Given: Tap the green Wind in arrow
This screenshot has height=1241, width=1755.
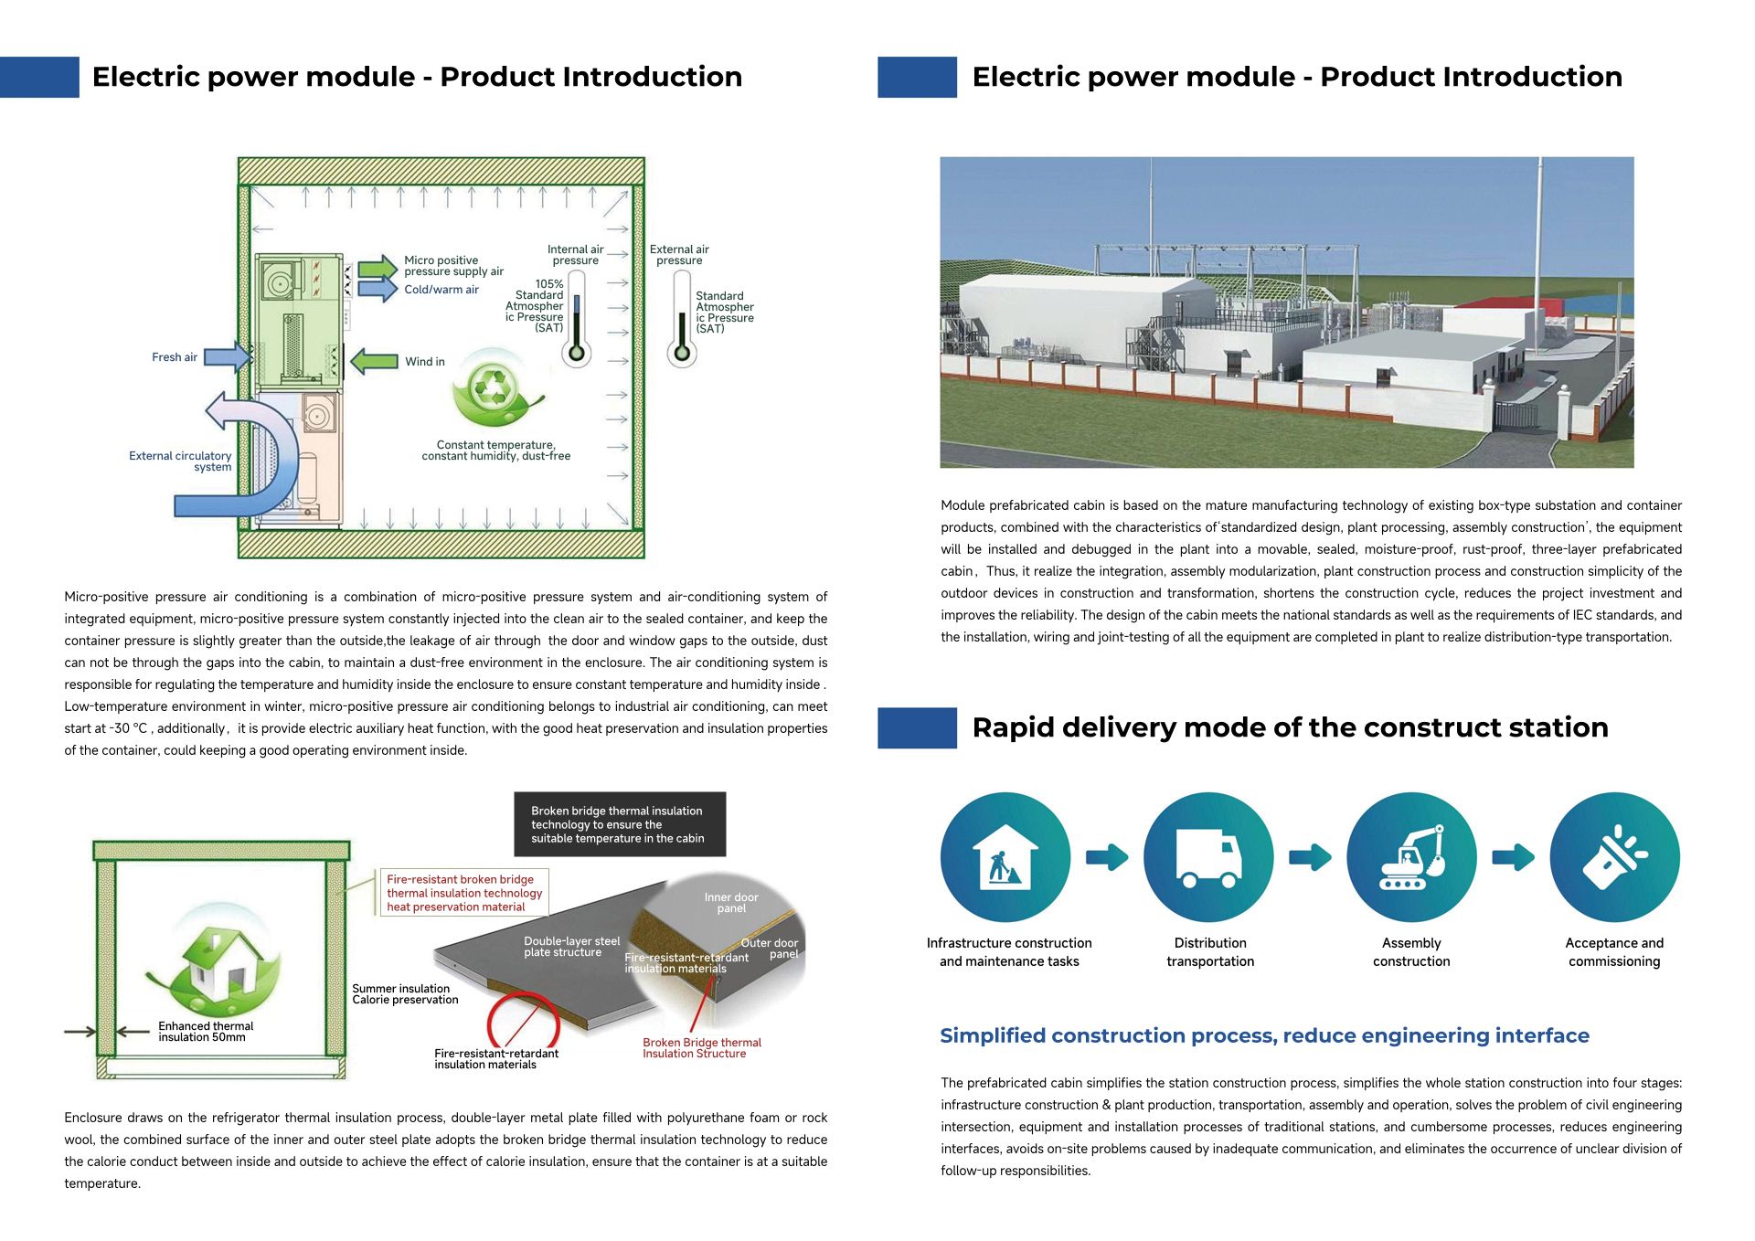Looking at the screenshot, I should tap(374, 361).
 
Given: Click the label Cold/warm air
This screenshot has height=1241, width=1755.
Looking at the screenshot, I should tap(441, 290).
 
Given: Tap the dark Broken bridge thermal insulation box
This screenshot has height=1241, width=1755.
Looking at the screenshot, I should tap(619, 824).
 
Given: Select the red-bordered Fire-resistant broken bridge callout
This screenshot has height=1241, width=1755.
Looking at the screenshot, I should tap(464, 893).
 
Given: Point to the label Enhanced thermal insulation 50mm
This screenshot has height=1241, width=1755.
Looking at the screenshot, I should tap(205, 1032).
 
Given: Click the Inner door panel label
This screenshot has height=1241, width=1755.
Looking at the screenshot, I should tap(731, 903).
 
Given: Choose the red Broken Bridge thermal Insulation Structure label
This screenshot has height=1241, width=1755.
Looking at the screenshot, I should tap(701, 1048).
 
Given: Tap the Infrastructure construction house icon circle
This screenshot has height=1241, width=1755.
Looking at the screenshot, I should tap(1005, 857).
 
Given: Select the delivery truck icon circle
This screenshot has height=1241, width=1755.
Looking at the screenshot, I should tap(1208, 857).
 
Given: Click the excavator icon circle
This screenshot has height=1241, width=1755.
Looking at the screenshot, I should tap(1411, 857).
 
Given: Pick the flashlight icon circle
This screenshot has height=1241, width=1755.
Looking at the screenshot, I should tap(1614, 857).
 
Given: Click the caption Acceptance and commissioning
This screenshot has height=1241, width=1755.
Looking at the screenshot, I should tap(1614, 952).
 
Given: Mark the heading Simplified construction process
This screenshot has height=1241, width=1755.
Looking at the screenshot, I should tap(1264, 1035).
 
